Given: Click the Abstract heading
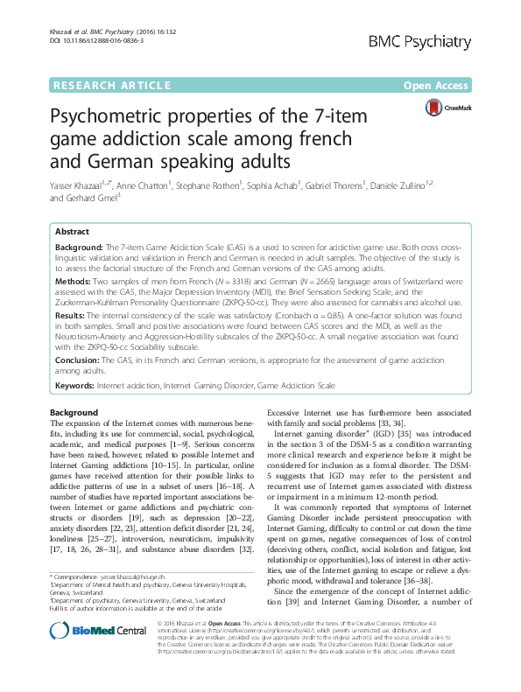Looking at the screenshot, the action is click(72, 232).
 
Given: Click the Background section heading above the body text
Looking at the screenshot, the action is click(73, 411).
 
